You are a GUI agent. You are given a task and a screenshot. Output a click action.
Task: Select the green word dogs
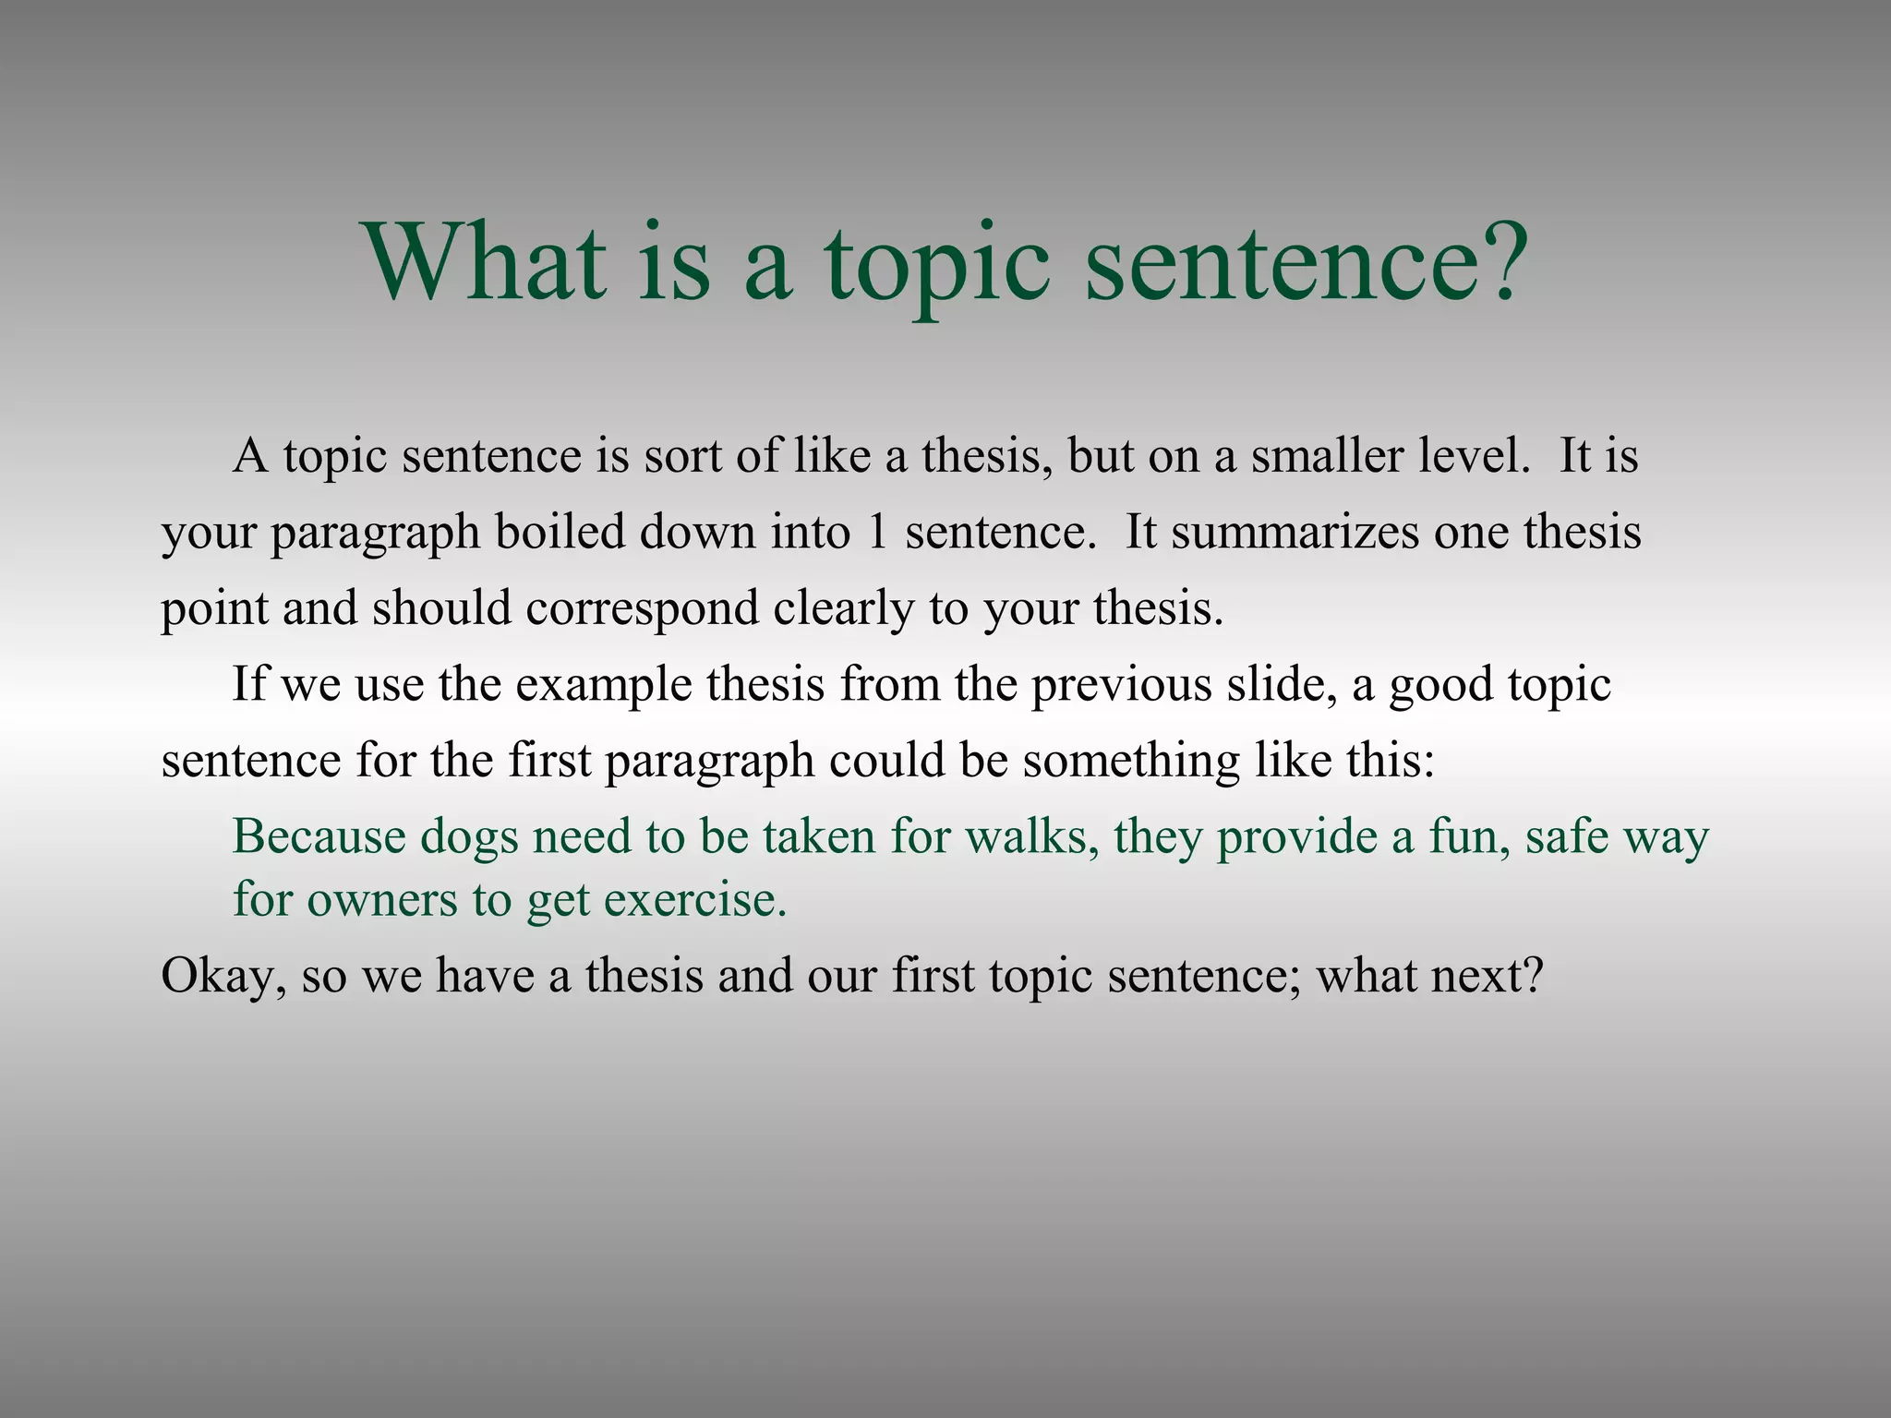tap(469, 838)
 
